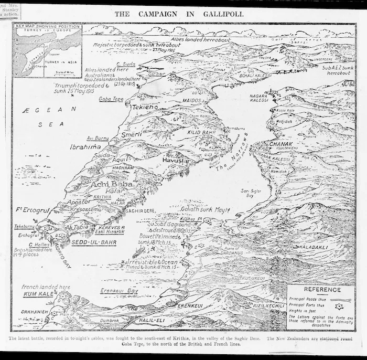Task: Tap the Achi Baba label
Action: click(x=112, y=184)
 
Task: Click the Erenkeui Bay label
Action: click(x=119, y=290)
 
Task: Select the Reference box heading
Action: click(x=321, y=290)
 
